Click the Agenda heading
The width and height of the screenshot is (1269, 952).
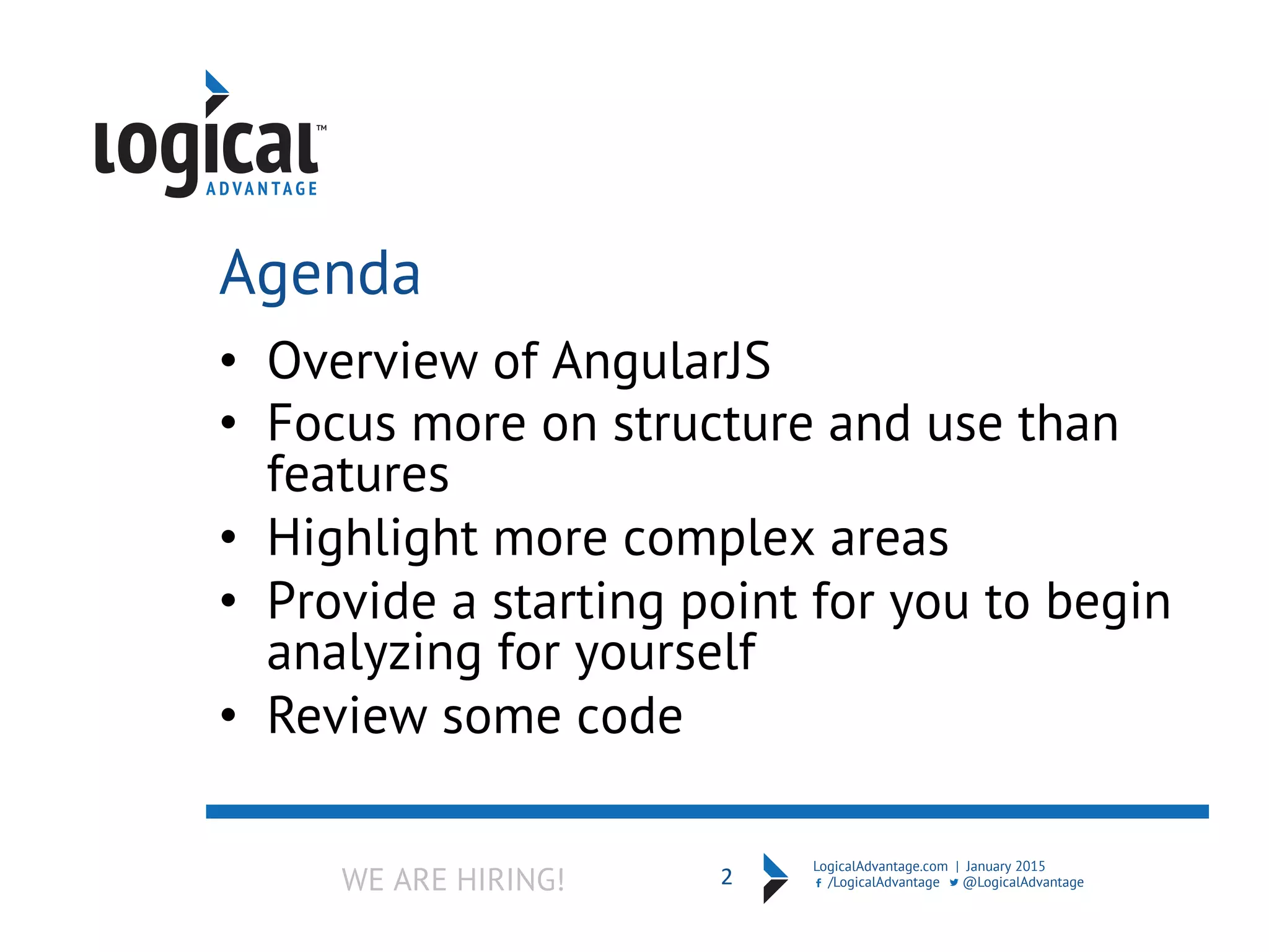(320, 273)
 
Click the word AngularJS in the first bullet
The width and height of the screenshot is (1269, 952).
(661, 361)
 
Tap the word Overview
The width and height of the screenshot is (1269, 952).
(372, 361)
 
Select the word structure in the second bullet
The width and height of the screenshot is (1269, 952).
(713, 424)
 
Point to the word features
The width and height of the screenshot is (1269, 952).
(358, 475)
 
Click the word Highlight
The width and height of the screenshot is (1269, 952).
(372, 538)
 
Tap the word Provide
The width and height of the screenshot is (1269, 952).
(352, 601)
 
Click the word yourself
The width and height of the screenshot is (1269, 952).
(666, 653)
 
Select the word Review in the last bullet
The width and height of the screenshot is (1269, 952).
(347, 716)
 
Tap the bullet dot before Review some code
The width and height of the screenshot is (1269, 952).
(229, 715)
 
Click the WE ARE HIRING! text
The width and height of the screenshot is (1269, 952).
(453, 880)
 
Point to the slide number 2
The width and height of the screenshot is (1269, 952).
(726, 877)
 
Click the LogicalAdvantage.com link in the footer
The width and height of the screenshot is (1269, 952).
(880, 866)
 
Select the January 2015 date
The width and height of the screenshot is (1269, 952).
(1005, 866)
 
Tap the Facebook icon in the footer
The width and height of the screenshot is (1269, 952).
(819, 883)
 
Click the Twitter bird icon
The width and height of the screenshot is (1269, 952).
(954, 883)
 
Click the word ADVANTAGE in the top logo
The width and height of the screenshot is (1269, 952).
(261, 189)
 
